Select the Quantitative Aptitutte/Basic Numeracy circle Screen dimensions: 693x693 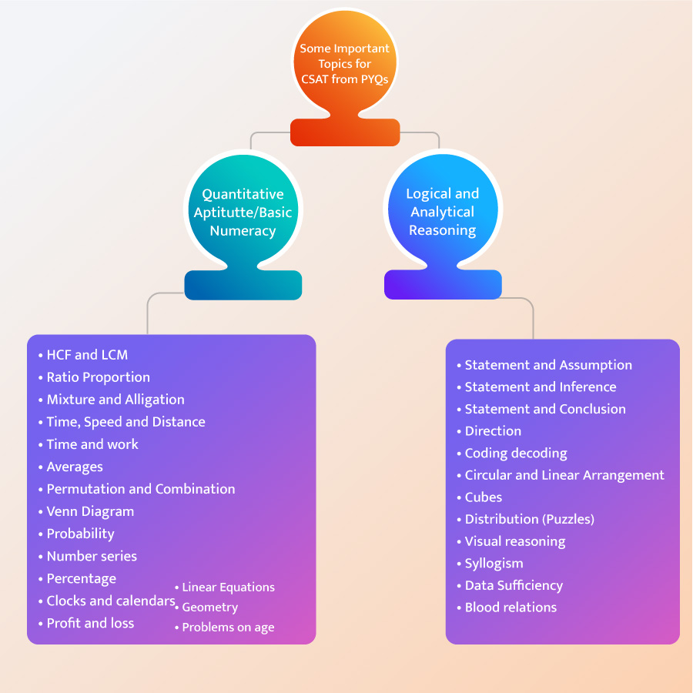pos(243,213)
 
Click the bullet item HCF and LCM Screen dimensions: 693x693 pos(86,355)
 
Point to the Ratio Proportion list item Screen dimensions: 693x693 pos(98,377)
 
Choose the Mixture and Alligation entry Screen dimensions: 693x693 pos(115,400)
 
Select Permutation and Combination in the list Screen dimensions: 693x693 pos(140,489)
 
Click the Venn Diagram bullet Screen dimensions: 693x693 pos(90,511)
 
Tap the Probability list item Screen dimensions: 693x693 pos(80,534)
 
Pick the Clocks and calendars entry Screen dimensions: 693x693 pos(110,601)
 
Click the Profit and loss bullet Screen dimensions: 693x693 pos(90,623)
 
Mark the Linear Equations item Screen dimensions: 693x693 pos(228,587)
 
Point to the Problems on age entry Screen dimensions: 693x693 pos(228,628)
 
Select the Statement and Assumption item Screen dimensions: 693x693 pos(547,365)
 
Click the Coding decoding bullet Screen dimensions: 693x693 pos(515,454)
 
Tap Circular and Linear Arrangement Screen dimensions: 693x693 pos(564,475)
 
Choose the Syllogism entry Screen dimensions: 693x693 pos(494,564)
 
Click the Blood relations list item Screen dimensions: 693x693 pos(511,608)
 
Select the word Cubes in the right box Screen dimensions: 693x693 pos(484,497)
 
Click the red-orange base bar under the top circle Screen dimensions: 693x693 pos(344,132)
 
